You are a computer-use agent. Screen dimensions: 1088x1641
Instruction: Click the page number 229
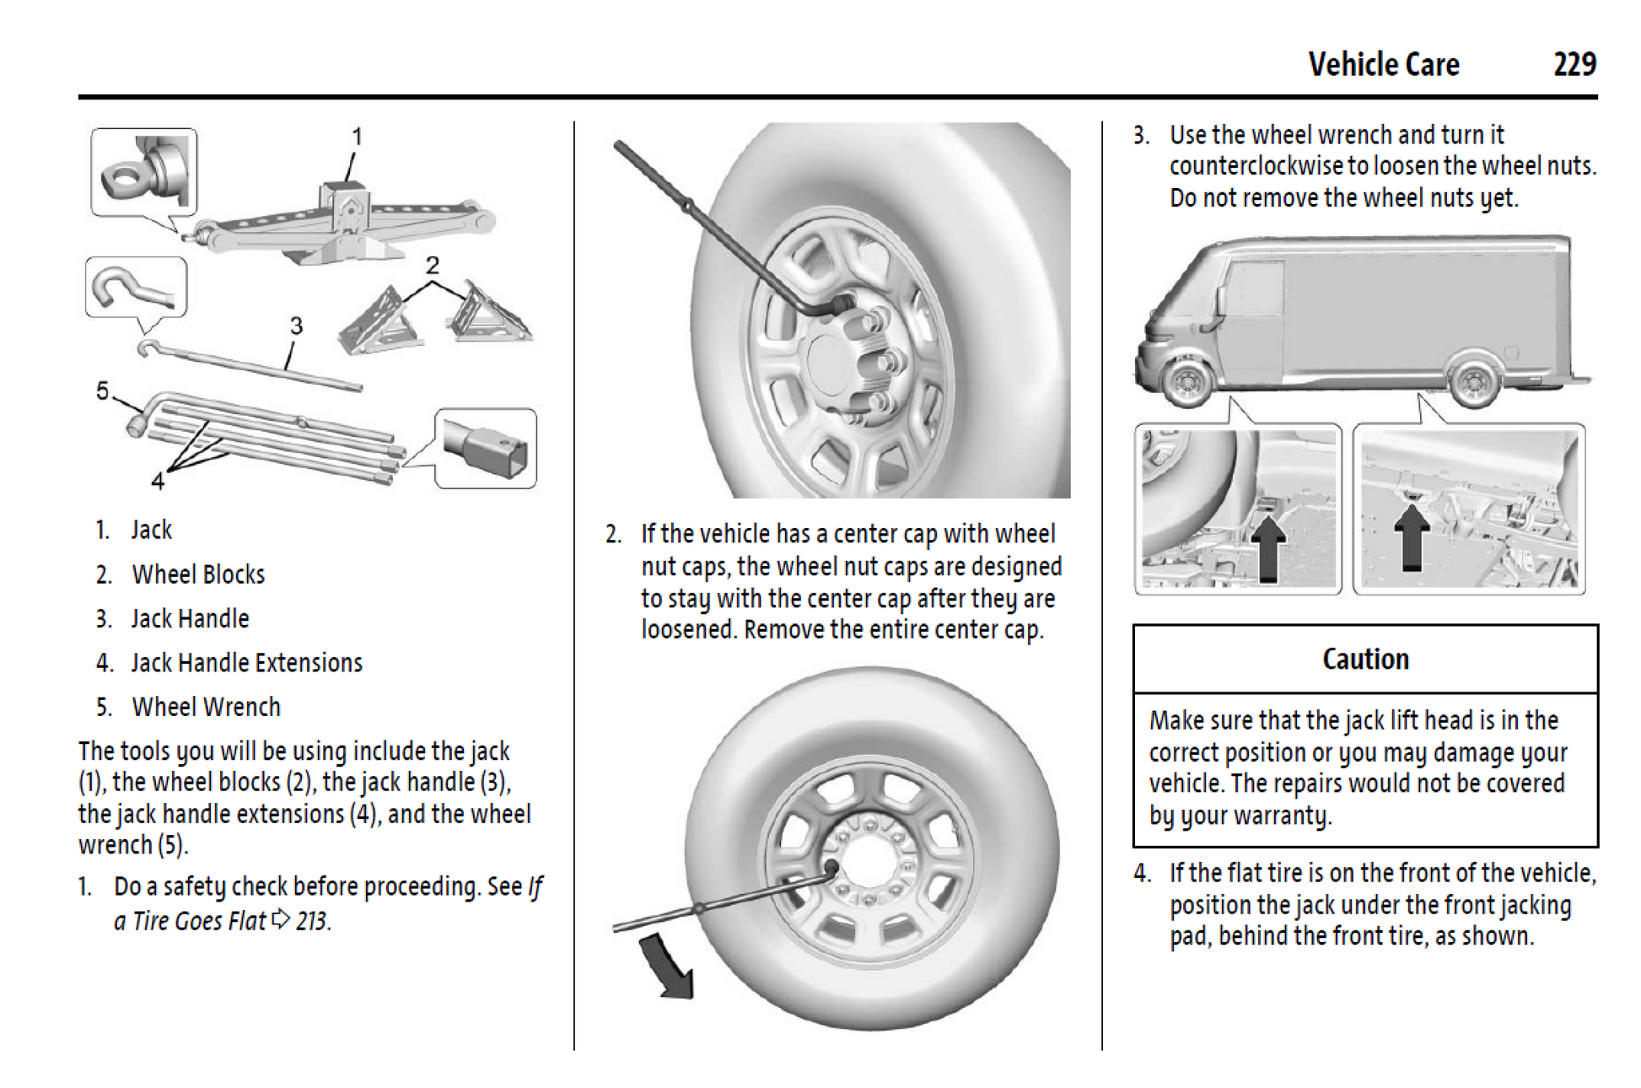[x=1574, y=65]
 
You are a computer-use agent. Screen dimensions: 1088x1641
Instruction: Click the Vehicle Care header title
[x=1383, y=65]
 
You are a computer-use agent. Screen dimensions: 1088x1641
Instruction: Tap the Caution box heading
[x=1364, y=659]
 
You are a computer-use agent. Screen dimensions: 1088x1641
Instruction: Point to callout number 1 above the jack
[x=357, y=136]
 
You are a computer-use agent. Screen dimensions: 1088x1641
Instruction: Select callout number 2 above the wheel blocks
[x=433, y=266]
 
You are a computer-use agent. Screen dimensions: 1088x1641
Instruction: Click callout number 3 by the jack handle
[x=296, y=326]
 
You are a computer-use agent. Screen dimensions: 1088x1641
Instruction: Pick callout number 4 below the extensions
[x=158, y=481]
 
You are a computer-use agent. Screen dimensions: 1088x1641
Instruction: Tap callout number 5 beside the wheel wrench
[x=102, y=390]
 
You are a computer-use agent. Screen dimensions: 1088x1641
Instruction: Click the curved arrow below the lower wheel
[x=669, y=967]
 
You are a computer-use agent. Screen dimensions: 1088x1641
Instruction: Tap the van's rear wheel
[x=1473, y=385]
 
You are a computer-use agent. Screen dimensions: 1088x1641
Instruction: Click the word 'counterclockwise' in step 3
[x=1256, y=166]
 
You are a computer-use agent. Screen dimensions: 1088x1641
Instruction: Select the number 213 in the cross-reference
[x=311, y=921]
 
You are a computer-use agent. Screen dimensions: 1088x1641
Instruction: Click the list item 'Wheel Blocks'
[x=198, y=574]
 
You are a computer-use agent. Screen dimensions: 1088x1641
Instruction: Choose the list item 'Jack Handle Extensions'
[x=246, y=663]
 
